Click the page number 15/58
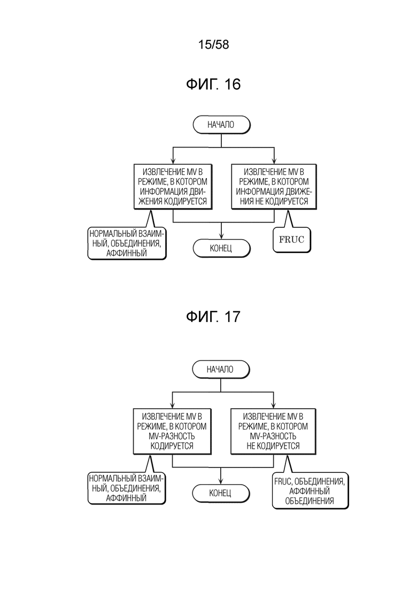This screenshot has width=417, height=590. click(213, 44)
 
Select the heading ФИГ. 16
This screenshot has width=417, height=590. click(213, 84)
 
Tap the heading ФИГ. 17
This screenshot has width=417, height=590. click(213, 317)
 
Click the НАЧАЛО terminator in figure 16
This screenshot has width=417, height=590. click(221, 125)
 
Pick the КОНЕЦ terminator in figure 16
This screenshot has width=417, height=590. click(221, 248)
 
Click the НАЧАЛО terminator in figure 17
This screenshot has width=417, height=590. click(221, 369)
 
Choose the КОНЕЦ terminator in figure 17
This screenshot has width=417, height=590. click(221, 493)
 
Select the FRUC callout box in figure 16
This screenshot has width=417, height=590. click(291, 240)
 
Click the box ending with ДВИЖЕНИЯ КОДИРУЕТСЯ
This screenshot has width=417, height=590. click(173, 187)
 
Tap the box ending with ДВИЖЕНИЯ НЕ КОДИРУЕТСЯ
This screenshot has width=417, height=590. click(274, 187)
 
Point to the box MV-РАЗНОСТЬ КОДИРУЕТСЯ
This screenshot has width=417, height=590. click(172, 431)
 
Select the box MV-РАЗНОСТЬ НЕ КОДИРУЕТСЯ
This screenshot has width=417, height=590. click(273, 431)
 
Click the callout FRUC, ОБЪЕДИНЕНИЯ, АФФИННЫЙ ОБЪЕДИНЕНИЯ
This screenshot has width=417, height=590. click(310, 491)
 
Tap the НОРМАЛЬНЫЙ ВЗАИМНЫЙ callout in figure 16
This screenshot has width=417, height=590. click(127, 243)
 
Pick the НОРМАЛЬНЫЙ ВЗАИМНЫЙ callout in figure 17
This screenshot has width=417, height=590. click(126, 488)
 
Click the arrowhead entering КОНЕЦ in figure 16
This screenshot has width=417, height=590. click(221, 236)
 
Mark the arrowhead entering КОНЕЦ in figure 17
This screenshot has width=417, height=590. click(221, 481)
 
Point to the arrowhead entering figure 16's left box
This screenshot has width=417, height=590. click(173, 160)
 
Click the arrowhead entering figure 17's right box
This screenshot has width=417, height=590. click(273, 405)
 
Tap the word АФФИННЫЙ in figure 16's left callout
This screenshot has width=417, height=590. click(126, 253)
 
